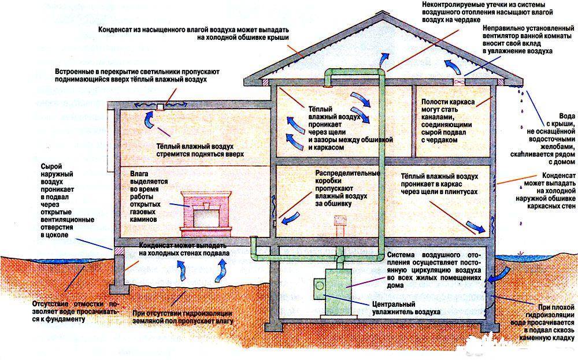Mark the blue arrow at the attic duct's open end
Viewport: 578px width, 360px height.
tap(382, 60)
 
